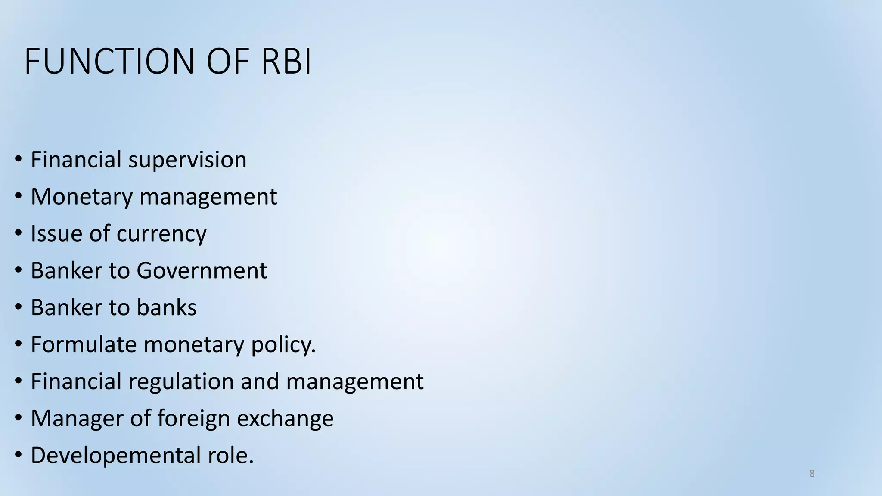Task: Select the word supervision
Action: pyautogui.click(x=187, y=160)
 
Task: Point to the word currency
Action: pyautogui.click(x=161, y=234)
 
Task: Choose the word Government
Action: pyautogui.click(x=202, y=271)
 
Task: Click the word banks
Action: pyautogui.click(x=167, y=308)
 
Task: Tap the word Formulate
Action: pyautogui.click(x=83, y=345)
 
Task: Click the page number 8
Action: pyautogui.click(x=812, y=474)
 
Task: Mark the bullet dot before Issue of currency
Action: pyautogui.click(x=18, y=233)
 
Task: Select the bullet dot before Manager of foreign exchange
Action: pyautogui.click(x=18, y=418)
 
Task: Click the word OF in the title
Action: pyautogui.click(x=228, y=62)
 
